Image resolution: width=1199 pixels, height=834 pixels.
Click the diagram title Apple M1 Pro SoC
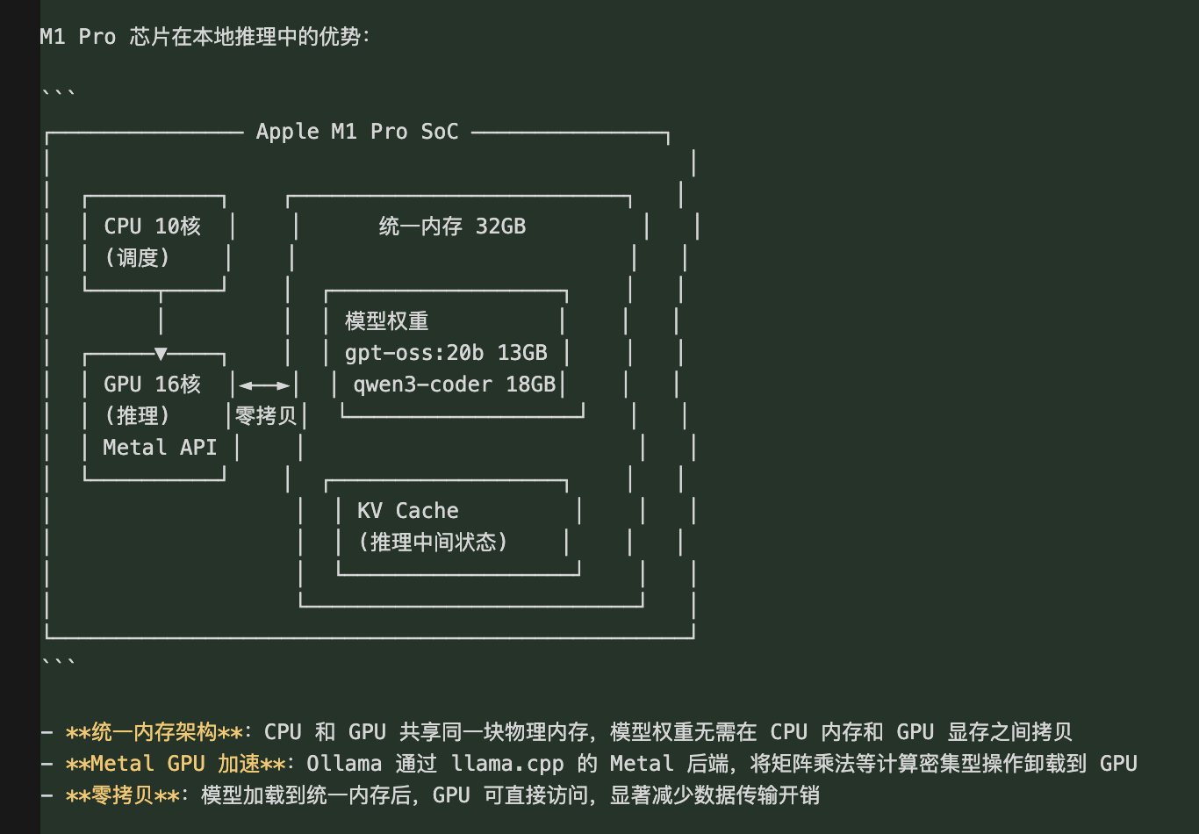pyautogui.click(x=357, y=132)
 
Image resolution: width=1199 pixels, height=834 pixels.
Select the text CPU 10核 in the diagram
pyautogui.click(x=153, y=226)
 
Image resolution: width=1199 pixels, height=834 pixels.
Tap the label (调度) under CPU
pyautogui.click(x=137, y=258)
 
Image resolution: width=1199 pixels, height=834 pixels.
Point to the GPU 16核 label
pyautogui.click(x=153, y=385)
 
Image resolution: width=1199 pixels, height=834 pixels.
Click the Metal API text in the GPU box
pyautogui.click(x=160, y=448)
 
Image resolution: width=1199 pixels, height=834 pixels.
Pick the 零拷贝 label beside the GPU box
pyautogui.click(x=266, y=416)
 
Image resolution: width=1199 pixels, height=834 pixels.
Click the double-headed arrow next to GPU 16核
pyautogui.click(x=264, y=385)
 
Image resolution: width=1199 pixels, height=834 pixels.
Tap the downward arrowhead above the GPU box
pyautogui.click(x=161, y=354)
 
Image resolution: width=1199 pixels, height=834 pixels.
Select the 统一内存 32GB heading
pyautogui.click(x=452, y=226)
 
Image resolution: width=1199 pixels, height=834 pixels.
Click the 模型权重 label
pyautogui.click(x=387, y=321)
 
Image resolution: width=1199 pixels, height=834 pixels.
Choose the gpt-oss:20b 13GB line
pyautogui.click(x=446, y=353)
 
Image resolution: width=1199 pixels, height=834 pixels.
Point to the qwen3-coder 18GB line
pyautogui.click(x=455, y=385)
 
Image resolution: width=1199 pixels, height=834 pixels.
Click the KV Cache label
pyautogui.click(x=408, y=511)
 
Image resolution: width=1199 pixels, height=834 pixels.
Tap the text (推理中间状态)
pyautogui.click(x=433, y=543)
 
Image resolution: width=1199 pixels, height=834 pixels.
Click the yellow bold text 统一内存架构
pyautogui.click(x=154, y=732)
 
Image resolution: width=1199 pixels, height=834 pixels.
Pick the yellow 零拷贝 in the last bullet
pyautogui.click(x=122, y=795)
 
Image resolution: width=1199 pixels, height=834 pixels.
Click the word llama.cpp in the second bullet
pyautogui.click(x=507, y=764)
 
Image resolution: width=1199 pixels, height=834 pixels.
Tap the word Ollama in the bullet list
pyautogui.click(x=344, y=764)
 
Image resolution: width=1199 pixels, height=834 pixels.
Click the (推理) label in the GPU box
pyautogui.click(x=137, y=416)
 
